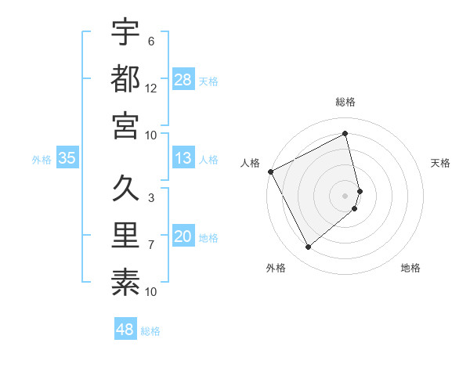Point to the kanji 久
125,189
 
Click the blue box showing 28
183,79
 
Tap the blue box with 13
183,158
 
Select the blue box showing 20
183,237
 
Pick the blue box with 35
67,158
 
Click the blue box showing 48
125,330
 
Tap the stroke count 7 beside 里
150,245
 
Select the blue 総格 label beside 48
150,331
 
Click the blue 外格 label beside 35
42,160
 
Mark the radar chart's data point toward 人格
270,171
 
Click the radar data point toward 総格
345,134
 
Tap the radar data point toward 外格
308,247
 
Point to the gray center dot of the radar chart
345,195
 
